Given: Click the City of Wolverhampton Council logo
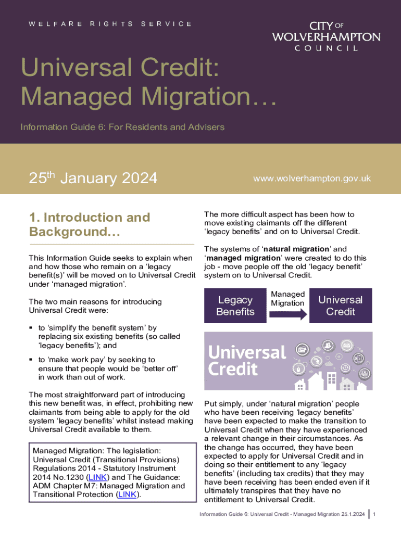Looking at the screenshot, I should tap(326, 36).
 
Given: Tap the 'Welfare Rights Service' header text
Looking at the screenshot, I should tap(110, 24).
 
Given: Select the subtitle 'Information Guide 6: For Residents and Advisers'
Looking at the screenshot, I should tap(122, 127).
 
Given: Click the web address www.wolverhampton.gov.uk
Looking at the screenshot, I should tap(311, 178).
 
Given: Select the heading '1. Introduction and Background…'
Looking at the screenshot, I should tap(90, 224).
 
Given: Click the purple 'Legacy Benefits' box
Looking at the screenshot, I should tap(235, 306).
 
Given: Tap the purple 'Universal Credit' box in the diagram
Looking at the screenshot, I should tap(340, 306).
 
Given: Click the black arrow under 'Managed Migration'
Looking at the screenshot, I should tap(287, 315).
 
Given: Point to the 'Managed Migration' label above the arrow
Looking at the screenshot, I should tap(287, 299).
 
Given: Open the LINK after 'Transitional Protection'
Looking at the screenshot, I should tap(128, 494).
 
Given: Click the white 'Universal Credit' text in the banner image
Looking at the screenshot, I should tap(247, 360).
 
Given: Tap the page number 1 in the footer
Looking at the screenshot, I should tap(374, 514).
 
